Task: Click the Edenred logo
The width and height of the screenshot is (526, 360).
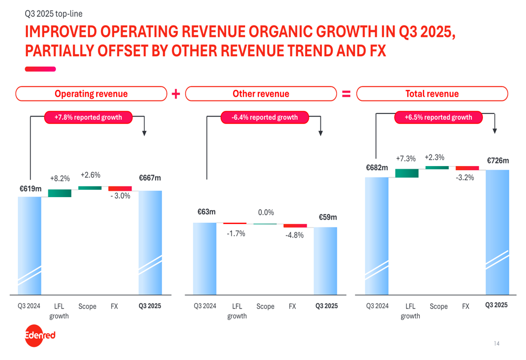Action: click(40, 335)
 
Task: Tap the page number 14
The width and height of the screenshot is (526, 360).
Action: click(497, 344)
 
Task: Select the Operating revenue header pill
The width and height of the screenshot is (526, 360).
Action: click(91, 94)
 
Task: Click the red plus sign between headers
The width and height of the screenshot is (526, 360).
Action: click(176, 94)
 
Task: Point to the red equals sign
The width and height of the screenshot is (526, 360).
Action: click(346, 94)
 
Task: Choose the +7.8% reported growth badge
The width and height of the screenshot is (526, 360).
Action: click(88, 117)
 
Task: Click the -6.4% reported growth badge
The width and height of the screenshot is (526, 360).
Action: click(265, 117)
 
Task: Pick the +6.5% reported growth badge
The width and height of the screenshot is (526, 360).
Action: click(438, 117)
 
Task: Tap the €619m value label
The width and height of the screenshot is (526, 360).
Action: click(29, 188)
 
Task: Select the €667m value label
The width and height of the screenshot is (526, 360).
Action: click(150, 178)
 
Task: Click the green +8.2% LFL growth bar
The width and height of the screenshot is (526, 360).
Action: click(59, 193)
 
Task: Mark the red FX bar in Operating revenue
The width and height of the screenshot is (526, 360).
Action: click(120, 188)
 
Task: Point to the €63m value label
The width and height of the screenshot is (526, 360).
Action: click(206, 212)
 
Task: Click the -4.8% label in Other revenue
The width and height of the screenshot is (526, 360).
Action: click(295, 235)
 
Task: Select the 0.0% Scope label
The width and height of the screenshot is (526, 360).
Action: click(266, 212)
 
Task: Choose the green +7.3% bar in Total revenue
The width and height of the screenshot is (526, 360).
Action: click(407, 173)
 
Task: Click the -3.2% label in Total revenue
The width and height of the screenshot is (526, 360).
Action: click(465, 178)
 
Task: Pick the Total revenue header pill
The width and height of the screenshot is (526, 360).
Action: click(432, 94)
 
